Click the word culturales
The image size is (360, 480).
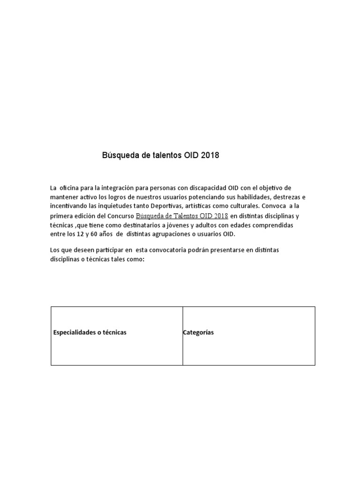237,206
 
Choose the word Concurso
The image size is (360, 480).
120,216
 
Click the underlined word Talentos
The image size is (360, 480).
183,216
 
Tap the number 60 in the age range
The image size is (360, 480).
93,234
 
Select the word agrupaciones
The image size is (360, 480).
180,234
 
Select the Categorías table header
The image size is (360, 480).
198,332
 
